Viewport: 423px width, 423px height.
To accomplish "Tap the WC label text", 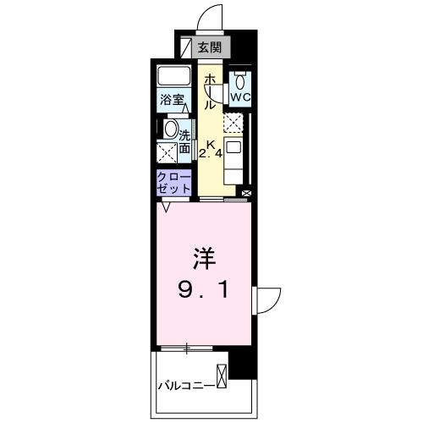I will tap(241, 97).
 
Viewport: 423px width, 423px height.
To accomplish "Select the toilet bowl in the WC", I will tap(241, 81).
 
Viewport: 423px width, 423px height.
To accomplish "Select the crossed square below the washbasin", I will tap(166, 153).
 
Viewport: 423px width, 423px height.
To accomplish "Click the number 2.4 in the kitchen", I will tap(211, 154).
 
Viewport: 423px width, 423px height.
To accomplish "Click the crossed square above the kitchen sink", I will tap(232, 124).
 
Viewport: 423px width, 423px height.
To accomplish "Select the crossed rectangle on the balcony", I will tap(222, 376).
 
